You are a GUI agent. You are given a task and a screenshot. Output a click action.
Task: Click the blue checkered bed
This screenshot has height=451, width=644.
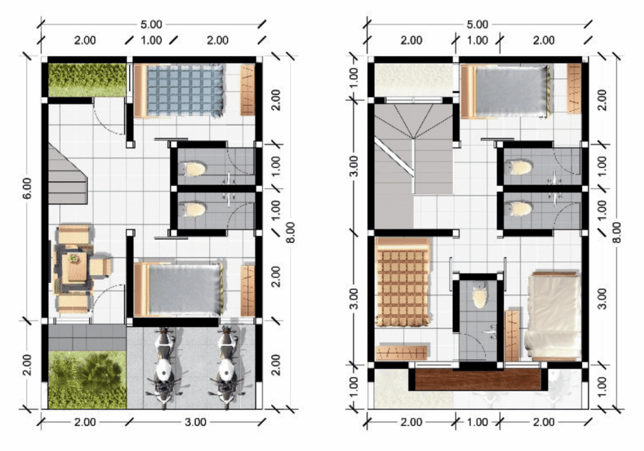click(179, 91)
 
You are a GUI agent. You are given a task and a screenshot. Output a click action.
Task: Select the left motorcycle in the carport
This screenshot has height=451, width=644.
click(164, 367)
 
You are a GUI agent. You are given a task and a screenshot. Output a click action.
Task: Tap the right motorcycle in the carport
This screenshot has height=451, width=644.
click(226, 367)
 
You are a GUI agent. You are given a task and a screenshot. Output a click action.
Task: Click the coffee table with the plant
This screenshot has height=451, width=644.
click(74, 266)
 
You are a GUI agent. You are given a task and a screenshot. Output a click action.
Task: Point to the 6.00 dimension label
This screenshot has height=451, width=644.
click(27, 188)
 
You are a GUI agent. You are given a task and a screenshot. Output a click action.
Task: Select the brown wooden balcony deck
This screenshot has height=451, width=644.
click(478, 380)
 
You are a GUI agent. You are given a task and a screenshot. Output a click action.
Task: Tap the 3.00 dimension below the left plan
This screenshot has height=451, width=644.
click(196, 422)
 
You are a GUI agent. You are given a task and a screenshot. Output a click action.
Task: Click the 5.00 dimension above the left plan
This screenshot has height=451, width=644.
click(151, 25)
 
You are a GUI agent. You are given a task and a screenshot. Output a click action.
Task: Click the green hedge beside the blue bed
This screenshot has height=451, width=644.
click(87, 80)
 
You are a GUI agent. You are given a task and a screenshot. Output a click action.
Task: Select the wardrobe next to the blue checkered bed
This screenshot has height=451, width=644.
click(248, 90)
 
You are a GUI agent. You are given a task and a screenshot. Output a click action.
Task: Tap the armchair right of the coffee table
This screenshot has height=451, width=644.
click(100, 267)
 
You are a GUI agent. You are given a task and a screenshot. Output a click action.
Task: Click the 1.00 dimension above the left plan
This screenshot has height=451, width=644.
click(151, 40)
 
